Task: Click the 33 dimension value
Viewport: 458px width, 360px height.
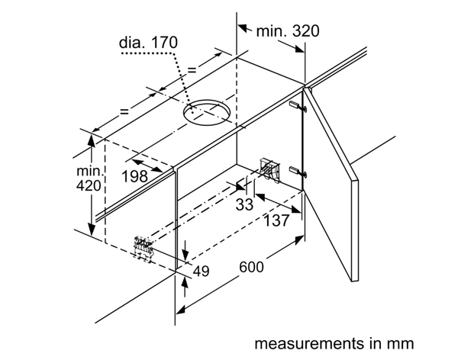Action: pos(244,204)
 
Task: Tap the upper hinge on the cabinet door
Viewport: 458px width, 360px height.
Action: pos(295,104)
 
